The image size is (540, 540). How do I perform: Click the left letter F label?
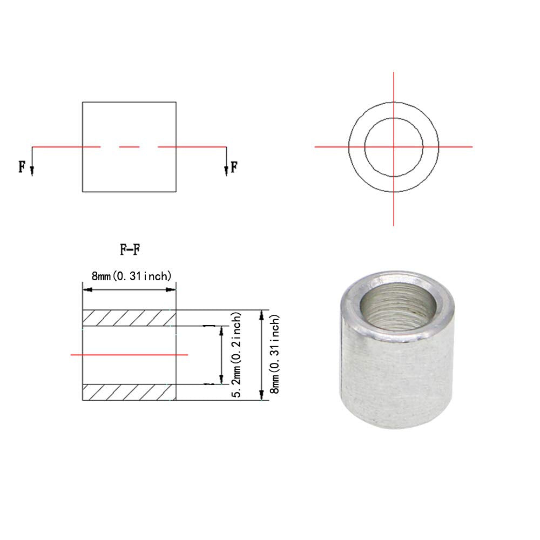22,166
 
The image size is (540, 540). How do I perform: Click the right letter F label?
234,166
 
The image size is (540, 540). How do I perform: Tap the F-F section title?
130,250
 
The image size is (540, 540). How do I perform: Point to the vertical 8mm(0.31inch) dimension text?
276,355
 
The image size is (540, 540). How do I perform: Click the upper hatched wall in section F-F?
130,318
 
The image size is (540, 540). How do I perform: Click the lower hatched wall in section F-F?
130,392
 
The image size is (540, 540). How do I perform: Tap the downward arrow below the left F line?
32,170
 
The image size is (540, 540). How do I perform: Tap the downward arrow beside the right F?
226,170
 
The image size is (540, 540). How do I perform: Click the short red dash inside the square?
129,147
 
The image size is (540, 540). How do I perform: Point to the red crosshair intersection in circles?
394,146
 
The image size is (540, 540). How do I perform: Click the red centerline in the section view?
130,355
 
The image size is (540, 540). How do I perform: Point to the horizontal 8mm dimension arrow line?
129,290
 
